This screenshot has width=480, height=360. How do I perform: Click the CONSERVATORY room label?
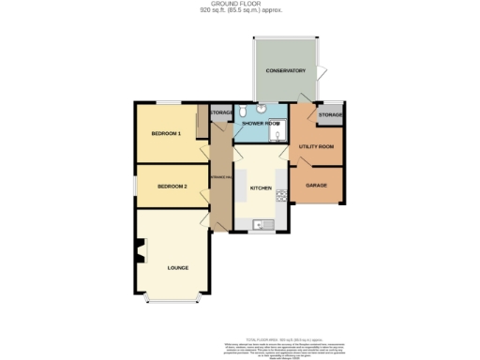coord(286,71)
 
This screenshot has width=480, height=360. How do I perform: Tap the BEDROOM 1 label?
coord(166,134)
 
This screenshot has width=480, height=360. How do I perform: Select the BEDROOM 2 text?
coord(172,187)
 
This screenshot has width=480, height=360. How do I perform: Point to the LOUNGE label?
coord(178,267)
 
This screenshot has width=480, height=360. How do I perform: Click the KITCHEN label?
coord(261,188)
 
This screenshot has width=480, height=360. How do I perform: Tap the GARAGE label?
coord(317,185)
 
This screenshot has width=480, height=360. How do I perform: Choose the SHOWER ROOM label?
coord(262,124)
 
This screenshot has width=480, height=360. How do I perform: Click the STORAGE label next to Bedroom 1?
coord(221,112)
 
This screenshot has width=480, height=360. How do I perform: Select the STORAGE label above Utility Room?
coord(330,114)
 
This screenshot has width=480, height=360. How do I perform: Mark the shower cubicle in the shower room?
coord(277,133)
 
